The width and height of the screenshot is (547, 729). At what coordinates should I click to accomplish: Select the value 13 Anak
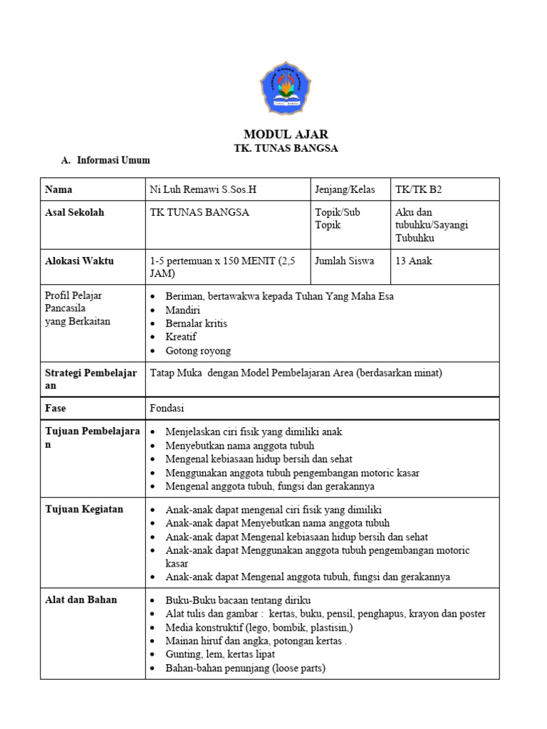click(414, 261)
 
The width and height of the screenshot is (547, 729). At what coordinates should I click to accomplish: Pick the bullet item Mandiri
click(182, 310)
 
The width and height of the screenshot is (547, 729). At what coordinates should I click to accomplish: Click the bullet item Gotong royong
click(198, 350)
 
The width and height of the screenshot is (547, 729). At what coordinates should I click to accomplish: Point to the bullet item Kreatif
click(180, 337)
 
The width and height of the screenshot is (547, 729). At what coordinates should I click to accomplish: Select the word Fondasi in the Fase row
click(168, 409)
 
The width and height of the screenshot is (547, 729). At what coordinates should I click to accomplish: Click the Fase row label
click(56, 409)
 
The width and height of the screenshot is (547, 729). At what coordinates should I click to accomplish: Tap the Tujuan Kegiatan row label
click(84, 509)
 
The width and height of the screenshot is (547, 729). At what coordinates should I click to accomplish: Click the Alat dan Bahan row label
click(80, 599)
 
